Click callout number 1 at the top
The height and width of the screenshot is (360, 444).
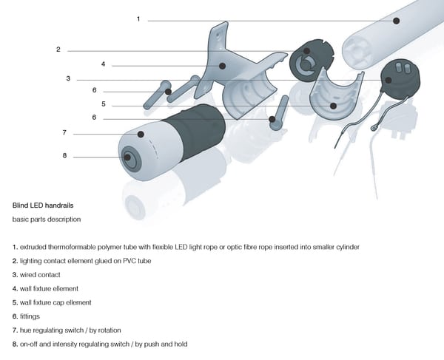pos(138,18)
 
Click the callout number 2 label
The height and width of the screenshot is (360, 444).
pos(58,50)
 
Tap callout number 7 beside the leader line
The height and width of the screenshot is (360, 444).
pos(64,132)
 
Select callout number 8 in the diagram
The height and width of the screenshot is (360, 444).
pos(64,156)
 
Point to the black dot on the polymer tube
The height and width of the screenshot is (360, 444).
pos(397,21)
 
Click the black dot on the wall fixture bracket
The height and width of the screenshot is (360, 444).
pos(221,65)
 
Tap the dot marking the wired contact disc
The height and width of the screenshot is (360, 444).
pos(386,80)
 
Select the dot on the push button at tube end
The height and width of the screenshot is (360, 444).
pos(128,157)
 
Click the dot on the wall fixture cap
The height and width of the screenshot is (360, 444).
pos(334,105)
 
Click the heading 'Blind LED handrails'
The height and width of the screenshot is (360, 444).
pos(43,205)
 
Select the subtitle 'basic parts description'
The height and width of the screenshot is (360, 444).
pos(47,220)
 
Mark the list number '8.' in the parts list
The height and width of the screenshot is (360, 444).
pos(16,344)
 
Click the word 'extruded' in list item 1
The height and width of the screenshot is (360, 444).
pos(34,246)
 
